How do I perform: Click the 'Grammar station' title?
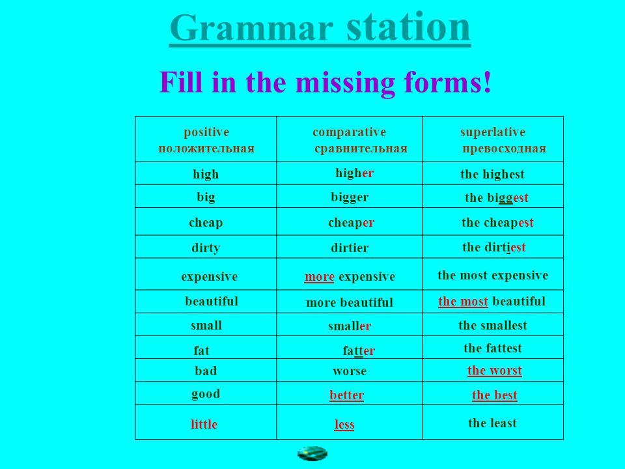[320, 28]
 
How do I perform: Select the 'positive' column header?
[206, 132]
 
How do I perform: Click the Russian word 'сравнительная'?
[361, 149]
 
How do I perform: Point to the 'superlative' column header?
[493, 132]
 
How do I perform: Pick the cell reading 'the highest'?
[492, 175]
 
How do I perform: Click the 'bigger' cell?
[350, 197]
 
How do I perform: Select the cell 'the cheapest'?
[497, 223]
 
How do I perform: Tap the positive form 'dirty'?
[206, 248]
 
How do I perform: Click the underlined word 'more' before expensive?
[319, 276]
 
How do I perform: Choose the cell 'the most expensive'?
[493, 275]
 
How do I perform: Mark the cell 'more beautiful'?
[350, 302]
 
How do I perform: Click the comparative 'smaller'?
[350, 326]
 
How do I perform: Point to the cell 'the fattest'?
[493, 348]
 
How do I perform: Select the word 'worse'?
[350, 371]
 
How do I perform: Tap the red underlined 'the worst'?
[495, 371]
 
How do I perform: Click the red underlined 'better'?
[347, 395]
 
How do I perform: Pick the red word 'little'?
[204, 424]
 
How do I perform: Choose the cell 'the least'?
[492, 423]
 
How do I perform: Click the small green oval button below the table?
[312, 454]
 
